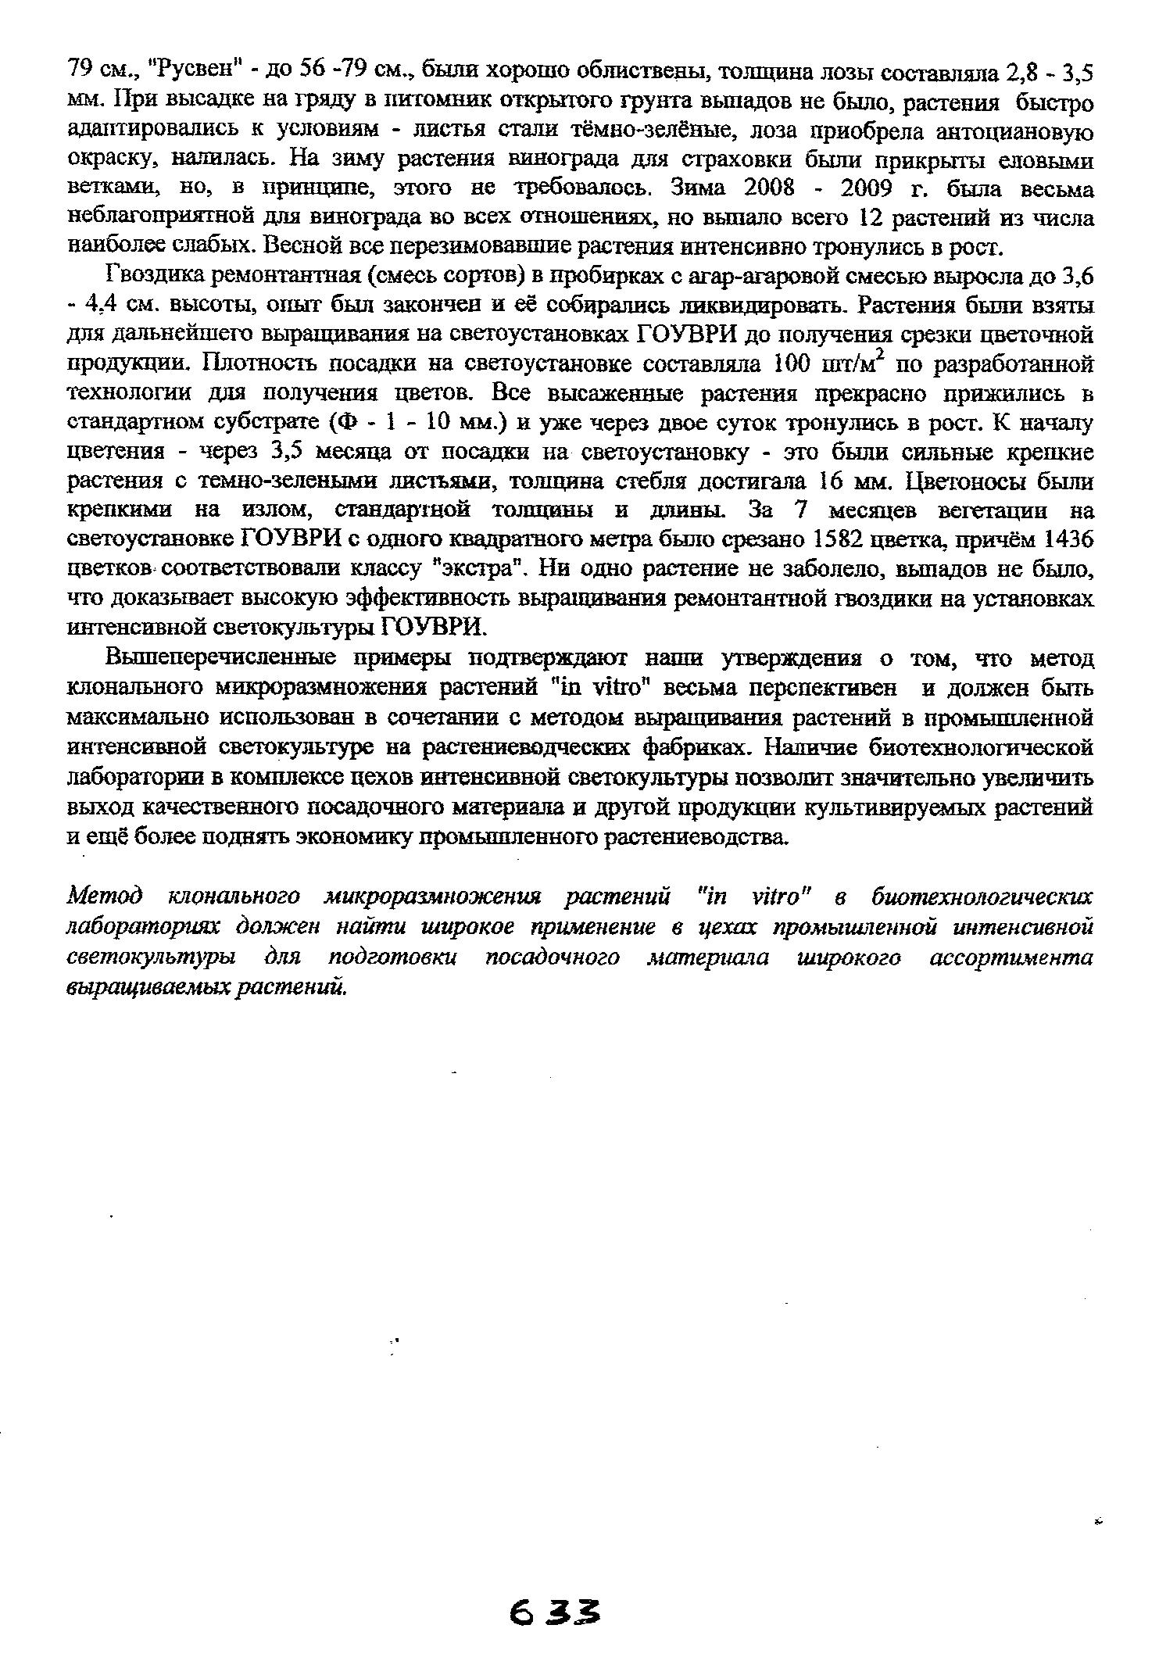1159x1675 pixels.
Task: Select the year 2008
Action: coord(767,189)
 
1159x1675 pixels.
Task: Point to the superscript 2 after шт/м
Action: coord(885,356)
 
